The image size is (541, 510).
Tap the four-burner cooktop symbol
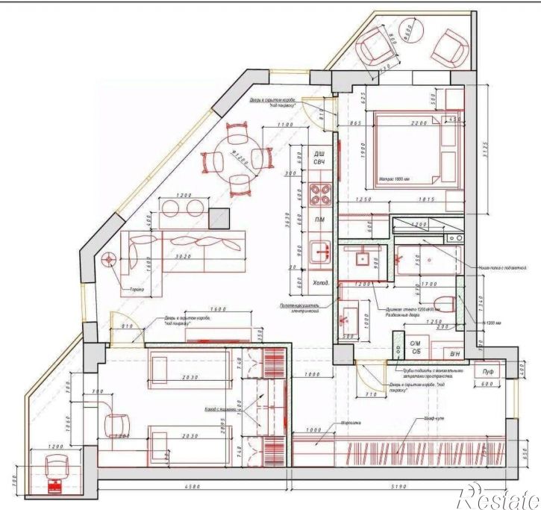click(x=322, y=194)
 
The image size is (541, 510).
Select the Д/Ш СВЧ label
click(x=319, y=158)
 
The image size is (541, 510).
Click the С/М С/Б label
click(x=416, y=347)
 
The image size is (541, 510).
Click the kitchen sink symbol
click(x=322, y=251)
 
